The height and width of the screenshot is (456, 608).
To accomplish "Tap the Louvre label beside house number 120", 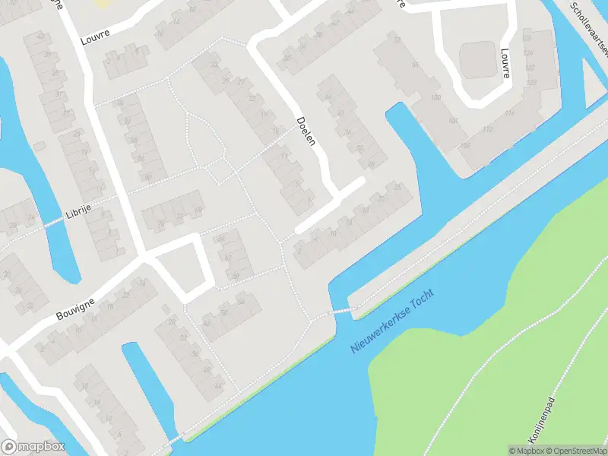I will pos(505,64).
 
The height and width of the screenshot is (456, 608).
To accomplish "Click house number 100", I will pos(435,99).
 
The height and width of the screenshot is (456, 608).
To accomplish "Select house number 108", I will pos(465,145).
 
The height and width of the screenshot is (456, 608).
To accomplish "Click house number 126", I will pos(527,38).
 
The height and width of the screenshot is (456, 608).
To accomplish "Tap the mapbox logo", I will pos(32,446).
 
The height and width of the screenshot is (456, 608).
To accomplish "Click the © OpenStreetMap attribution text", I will pos(575,451).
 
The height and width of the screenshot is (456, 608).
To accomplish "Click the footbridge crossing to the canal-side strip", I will pos(342,310).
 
